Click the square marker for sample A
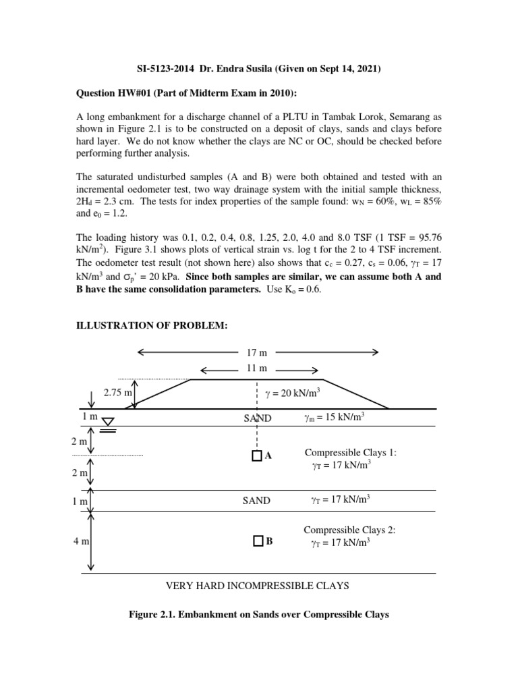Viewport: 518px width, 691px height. click(256, 456)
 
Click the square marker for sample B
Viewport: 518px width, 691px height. click(258, 541)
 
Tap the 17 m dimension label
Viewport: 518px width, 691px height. click(258, 352)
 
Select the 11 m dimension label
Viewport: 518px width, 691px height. click(258, 368)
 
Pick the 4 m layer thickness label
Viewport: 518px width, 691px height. click(80, 541)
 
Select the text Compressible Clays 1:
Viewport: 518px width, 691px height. click(351, 452)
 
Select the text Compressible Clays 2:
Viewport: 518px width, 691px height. click(351, 530)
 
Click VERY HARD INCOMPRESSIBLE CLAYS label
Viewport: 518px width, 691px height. click(258, 586)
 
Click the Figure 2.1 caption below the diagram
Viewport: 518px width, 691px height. click(258, 615)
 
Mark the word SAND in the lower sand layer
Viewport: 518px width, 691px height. click(257, 501)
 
